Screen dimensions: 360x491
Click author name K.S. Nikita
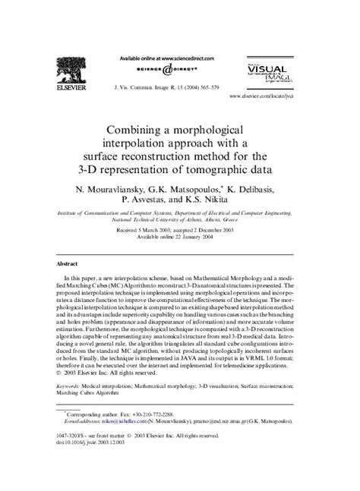217,199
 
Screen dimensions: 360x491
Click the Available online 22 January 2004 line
175,237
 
